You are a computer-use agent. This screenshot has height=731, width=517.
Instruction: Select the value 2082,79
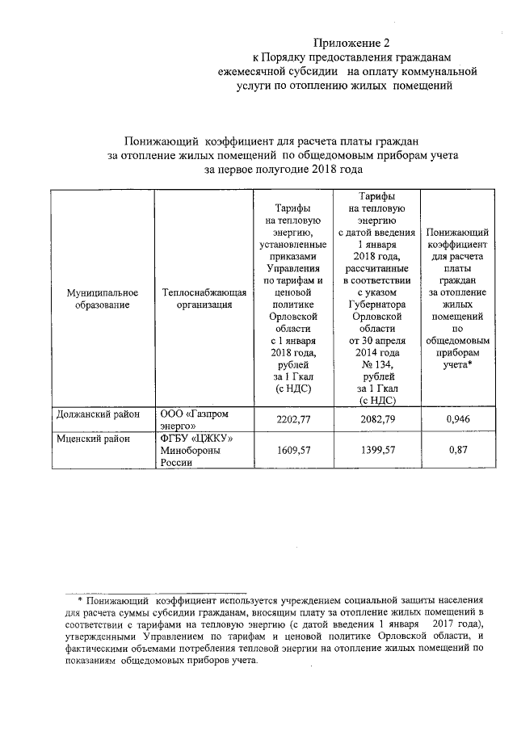click(x=377, y=418)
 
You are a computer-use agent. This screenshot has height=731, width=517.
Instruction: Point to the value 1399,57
click(x=377, y=451)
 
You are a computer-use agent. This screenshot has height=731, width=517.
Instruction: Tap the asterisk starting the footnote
click(x=80, y=601)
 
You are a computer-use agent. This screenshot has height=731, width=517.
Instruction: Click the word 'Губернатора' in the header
click(x=377, y=304)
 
